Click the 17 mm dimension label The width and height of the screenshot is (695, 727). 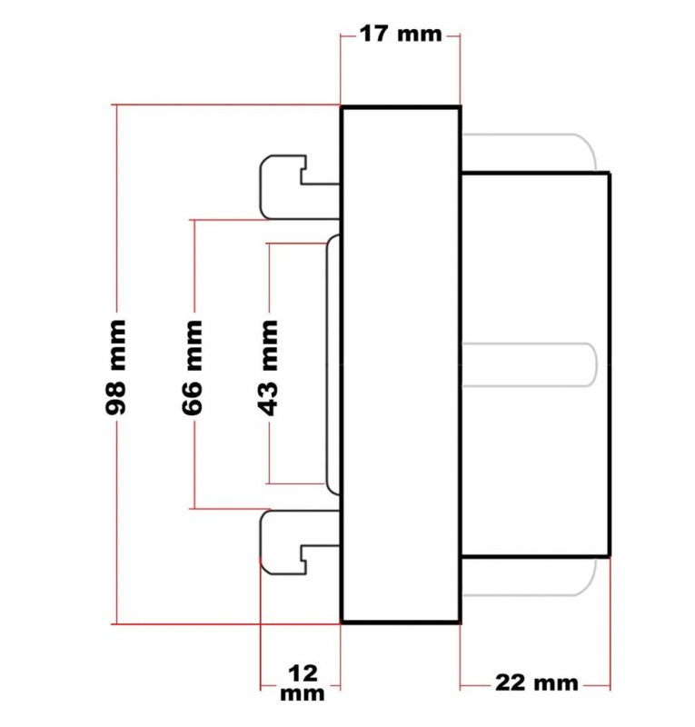click(x=401, y=35)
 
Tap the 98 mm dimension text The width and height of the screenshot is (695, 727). click(x=115, y=367)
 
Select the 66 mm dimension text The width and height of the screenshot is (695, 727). click(x=192, y=367)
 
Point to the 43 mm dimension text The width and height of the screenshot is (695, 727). click(x=267, y=367)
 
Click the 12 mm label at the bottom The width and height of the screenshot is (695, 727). click(x=303, y=683)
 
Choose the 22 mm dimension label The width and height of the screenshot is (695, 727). click(x=536, y=683)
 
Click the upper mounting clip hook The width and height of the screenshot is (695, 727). click(x=300, y=187)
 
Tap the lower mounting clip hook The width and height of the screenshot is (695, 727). click(x=300, y=543)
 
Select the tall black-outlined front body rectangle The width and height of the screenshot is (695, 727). click(x=401, y=364)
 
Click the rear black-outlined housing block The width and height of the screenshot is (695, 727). click(x=535, y=364)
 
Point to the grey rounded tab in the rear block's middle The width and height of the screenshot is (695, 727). click(x=530, y=364)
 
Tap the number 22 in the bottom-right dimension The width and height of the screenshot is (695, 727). click(x=510, y=683)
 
